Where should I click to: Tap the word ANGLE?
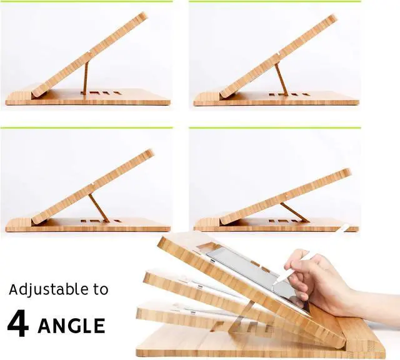(71, 326)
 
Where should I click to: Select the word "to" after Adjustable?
(101, 290)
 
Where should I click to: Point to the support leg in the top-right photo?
(281, 79)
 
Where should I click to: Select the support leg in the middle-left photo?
(99, 207)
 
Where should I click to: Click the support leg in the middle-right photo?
(294, 212)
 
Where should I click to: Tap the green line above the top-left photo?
(86, 2)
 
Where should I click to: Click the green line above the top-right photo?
(275, 2)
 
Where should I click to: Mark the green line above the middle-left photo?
(86, 128)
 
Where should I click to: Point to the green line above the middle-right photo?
(275, 128)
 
